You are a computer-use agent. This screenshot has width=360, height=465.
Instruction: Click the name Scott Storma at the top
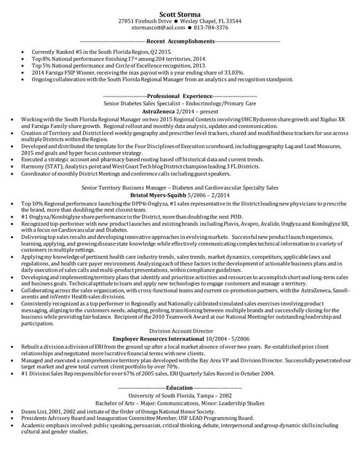[180, 12]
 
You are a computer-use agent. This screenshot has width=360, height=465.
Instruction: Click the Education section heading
[180, 389]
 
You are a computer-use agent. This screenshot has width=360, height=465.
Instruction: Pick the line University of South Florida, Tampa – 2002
[180, 395]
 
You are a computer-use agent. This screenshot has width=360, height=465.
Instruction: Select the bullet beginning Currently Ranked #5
[94, 53]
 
